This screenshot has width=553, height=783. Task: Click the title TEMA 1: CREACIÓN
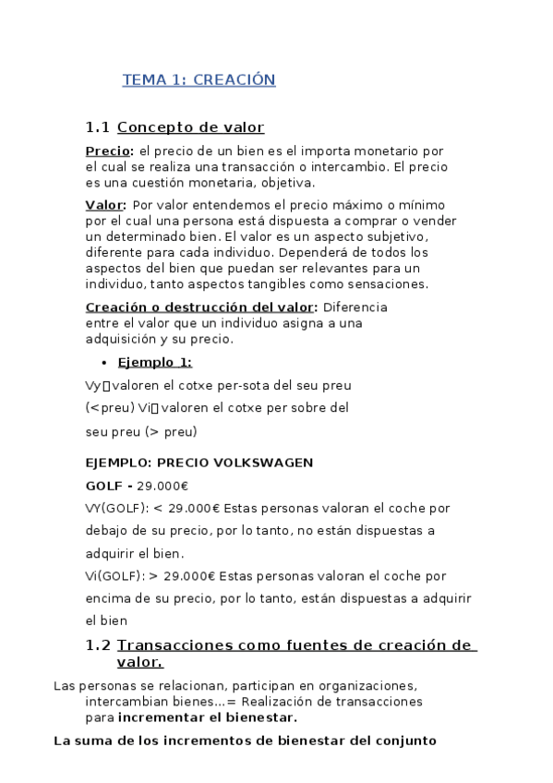tap(198, 80)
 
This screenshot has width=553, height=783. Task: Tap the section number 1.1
tap(98, 127)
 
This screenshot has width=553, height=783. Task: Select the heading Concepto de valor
tap(190, 127)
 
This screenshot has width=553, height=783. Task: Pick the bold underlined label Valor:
tap(105, 205)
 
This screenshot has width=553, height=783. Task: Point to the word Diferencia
tap(356, 307)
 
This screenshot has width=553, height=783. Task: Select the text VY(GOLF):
tap(116, 508)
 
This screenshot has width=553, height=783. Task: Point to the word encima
tap(107, 598)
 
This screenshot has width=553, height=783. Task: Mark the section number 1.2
tap(98, 645)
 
